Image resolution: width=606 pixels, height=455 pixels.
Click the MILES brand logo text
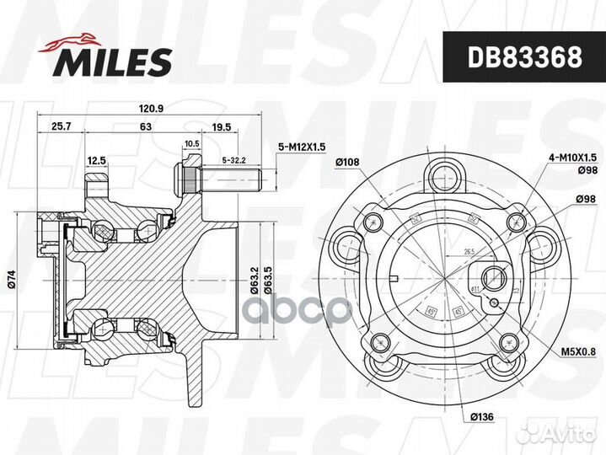[114, 61]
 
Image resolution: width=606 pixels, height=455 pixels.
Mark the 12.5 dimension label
[96, 159]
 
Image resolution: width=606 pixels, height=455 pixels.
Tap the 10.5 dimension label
[190, 144]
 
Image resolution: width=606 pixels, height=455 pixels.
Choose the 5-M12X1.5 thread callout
[301, 147]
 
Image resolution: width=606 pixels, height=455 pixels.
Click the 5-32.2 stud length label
[233, 159]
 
